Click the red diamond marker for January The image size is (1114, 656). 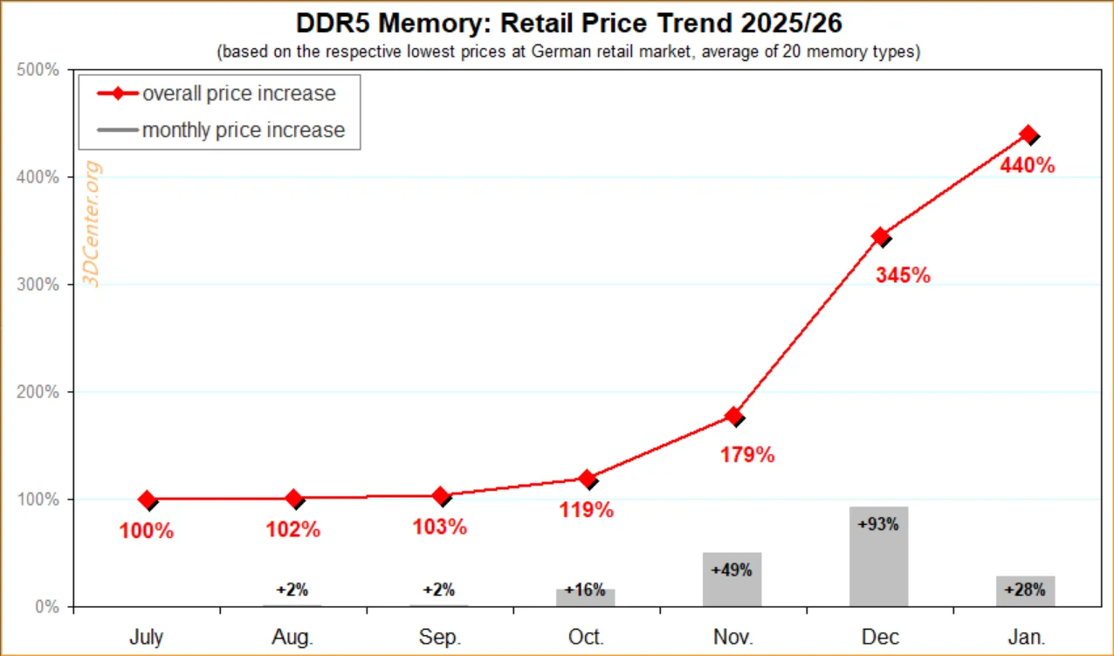click(1028, 135)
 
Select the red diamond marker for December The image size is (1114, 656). click(881, 237)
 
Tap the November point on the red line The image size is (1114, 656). click(734, 416)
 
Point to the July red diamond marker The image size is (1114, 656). click(148, 500)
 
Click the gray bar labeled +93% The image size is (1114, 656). click(879, 556)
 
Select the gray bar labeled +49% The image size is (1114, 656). click(732, 579)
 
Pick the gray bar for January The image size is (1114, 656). click(1026, 591)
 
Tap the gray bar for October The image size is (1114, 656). click(585, 597)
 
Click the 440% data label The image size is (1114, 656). click(1028, 165)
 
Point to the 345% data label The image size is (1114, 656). click(903, 275)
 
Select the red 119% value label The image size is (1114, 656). click(587, 509)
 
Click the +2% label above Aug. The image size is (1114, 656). click(292, 590)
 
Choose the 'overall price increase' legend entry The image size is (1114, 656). click(217, 93)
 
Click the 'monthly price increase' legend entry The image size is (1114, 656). click(221, 130)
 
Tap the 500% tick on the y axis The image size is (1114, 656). click(38, 70)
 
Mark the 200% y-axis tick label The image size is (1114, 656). click(38, 392)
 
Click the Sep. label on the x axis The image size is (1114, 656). click(440, 637)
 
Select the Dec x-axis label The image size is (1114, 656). click(880, 637)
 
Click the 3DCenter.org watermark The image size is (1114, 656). click(92, 224)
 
